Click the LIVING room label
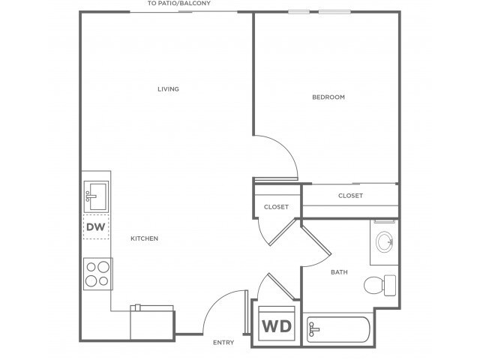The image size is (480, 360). (x=168, y=89)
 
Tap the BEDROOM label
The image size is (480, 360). (x=328, y=97)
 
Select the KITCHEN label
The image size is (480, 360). (x=144, y=238)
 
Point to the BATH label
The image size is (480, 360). (x=339, y=272)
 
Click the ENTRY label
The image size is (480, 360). (x=223, y=343)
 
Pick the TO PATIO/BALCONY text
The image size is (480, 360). (x=179, y=3)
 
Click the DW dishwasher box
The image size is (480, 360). (x=96, y=226)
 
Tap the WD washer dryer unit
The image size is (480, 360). (x=277, y=324)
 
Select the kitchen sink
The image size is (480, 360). (x=96, y=196)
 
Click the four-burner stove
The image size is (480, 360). (x=98, y=274)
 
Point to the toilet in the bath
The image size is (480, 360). (x=380, y=285)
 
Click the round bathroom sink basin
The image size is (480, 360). (x=385, y=241)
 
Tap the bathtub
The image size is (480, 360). (x=338, y=330)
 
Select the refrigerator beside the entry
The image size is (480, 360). (x=152, y=322)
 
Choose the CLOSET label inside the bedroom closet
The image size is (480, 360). (x=350, y=196)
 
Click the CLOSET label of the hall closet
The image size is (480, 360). (x=276, y=207)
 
